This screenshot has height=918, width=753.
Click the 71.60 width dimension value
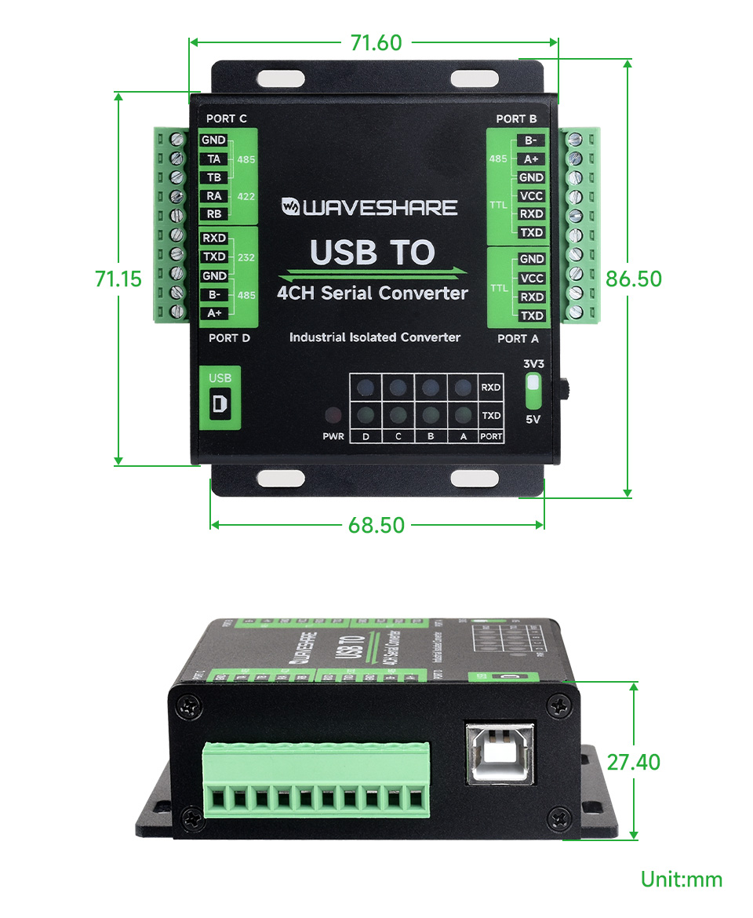point(376,42)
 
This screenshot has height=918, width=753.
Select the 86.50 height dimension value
point(633,279)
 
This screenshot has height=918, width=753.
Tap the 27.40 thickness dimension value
point(633,761)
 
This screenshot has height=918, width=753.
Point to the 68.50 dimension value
point(376,525)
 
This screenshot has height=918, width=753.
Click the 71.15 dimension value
point(118,279)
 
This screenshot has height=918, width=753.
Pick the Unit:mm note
point(681,880)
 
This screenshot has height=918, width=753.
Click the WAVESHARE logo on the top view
point(369,207)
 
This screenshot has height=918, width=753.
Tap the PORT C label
point(226,118)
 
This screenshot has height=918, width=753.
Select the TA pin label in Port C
point(213,159)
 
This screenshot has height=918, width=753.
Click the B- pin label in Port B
point(531,140)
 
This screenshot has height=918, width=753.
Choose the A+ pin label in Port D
point(213,313)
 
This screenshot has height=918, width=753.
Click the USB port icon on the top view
point(220,403)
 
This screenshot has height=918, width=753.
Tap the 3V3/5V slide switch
point(533,384)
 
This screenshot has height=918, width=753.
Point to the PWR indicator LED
point(333,415)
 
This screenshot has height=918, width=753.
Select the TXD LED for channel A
point(463,415)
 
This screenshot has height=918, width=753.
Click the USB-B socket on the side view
point(500,753)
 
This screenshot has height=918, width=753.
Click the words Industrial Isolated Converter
point(374,337)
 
